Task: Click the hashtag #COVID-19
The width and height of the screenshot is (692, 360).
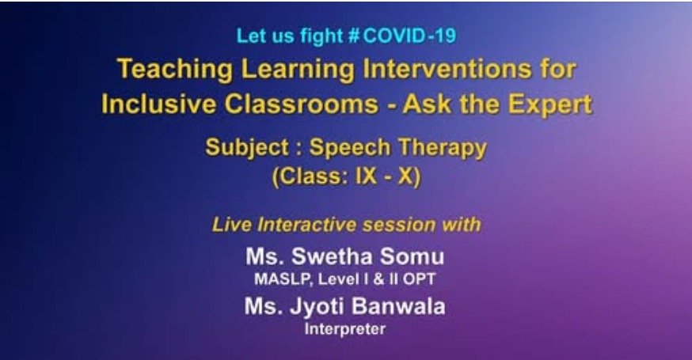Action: point(401,36)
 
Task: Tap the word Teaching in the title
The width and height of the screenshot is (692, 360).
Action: point(175,70)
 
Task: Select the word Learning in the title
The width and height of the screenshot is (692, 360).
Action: point(298,70)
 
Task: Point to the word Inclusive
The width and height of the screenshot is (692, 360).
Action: point(158,104)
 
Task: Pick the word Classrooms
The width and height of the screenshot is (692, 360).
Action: point(302,104)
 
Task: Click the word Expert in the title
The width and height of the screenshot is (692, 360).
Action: point(549,105)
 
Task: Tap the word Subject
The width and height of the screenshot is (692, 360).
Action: point(247,147)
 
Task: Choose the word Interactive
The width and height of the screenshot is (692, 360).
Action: point(306,225)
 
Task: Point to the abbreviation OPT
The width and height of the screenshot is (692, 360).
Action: point(419,279)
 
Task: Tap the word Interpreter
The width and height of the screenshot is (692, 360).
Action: point(345,328)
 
